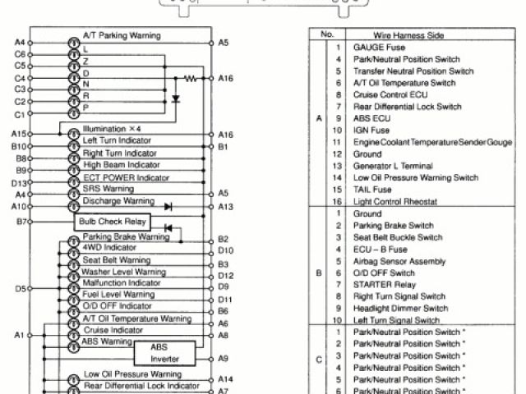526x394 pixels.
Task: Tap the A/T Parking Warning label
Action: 122,37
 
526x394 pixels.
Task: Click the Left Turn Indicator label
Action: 118,141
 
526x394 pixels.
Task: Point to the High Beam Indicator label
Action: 121,165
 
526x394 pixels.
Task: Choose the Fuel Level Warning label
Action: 118,295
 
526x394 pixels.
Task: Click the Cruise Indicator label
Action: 113,330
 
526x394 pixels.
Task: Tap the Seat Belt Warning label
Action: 117,259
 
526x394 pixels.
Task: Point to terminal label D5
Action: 21,289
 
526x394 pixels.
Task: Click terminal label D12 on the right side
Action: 227,276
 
